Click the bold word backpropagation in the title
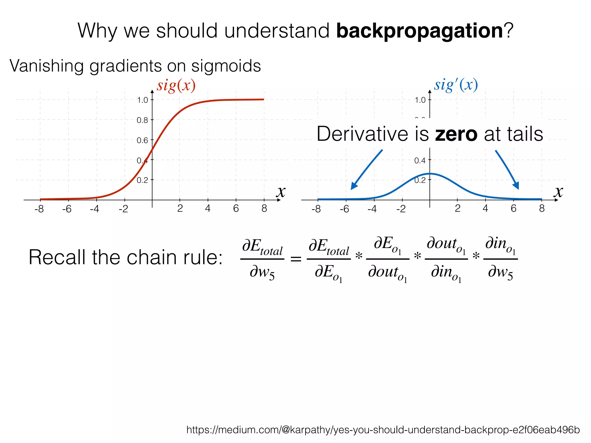[x=420, y=31]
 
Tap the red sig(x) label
[x=176, y=86]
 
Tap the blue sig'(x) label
[x=456, y=85]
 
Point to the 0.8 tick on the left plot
[x=142, y=120]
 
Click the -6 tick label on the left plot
[x=67, y=209]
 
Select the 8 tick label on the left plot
[x=264, y=208]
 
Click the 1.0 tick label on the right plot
[x=420, y=100]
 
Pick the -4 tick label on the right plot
[x=372, y=209]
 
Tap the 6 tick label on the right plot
[x=513, y=208]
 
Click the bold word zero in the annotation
[x=456, y=134]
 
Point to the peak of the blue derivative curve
[x=430, y=174]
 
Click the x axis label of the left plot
[x=281, y=192]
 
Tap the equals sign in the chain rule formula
[x=295, y=259]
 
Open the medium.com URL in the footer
[x=383, y=430]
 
